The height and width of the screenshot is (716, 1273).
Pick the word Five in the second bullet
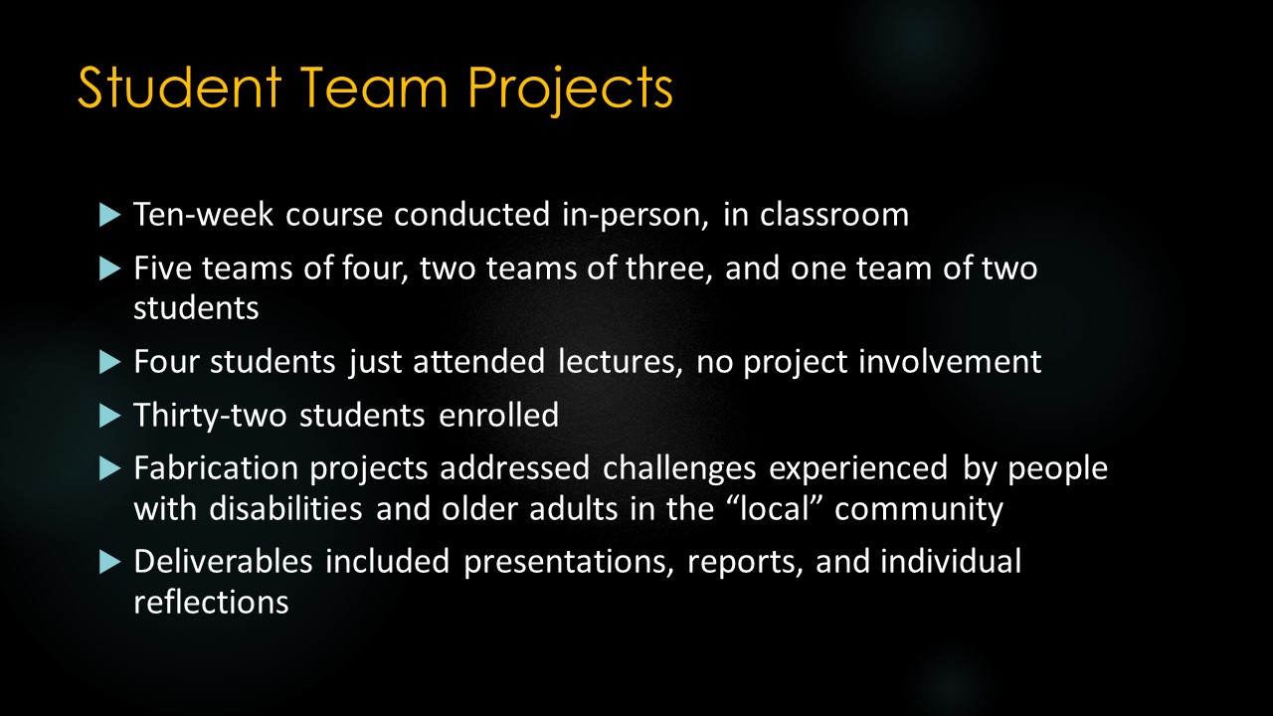click(x=161, y=269)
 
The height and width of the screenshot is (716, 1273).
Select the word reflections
click(x=211, y=602)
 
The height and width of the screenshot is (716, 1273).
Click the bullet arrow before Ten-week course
click(x=109, y=216)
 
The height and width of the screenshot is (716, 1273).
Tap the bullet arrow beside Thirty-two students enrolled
click(x=109, y=416)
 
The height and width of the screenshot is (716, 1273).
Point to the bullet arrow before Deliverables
click(x=109, y=563)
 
